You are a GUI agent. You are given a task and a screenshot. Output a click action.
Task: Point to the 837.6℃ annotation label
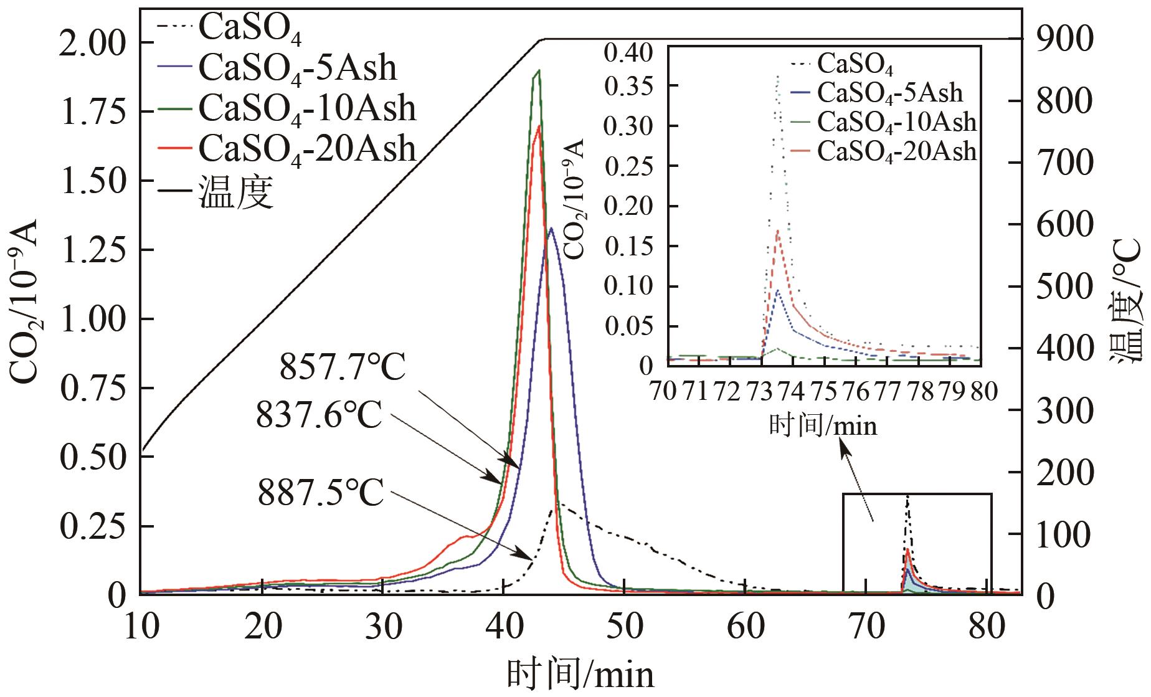coord(319,415)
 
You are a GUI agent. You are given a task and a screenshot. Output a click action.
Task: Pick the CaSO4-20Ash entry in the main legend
coord(306,148)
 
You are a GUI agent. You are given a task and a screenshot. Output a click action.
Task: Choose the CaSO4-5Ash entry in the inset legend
coord(889,93)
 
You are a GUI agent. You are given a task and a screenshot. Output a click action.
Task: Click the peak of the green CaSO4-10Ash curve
coord(538,70)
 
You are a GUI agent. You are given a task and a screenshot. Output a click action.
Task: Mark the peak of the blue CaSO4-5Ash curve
coord(551,229)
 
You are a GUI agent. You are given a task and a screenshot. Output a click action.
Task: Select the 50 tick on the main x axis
coord(624,628)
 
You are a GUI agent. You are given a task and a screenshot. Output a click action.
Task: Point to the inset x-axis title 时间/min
coord(822,425)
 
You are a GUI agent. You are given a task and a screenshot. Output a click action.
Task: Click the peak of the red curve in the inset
coord(777,231)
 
